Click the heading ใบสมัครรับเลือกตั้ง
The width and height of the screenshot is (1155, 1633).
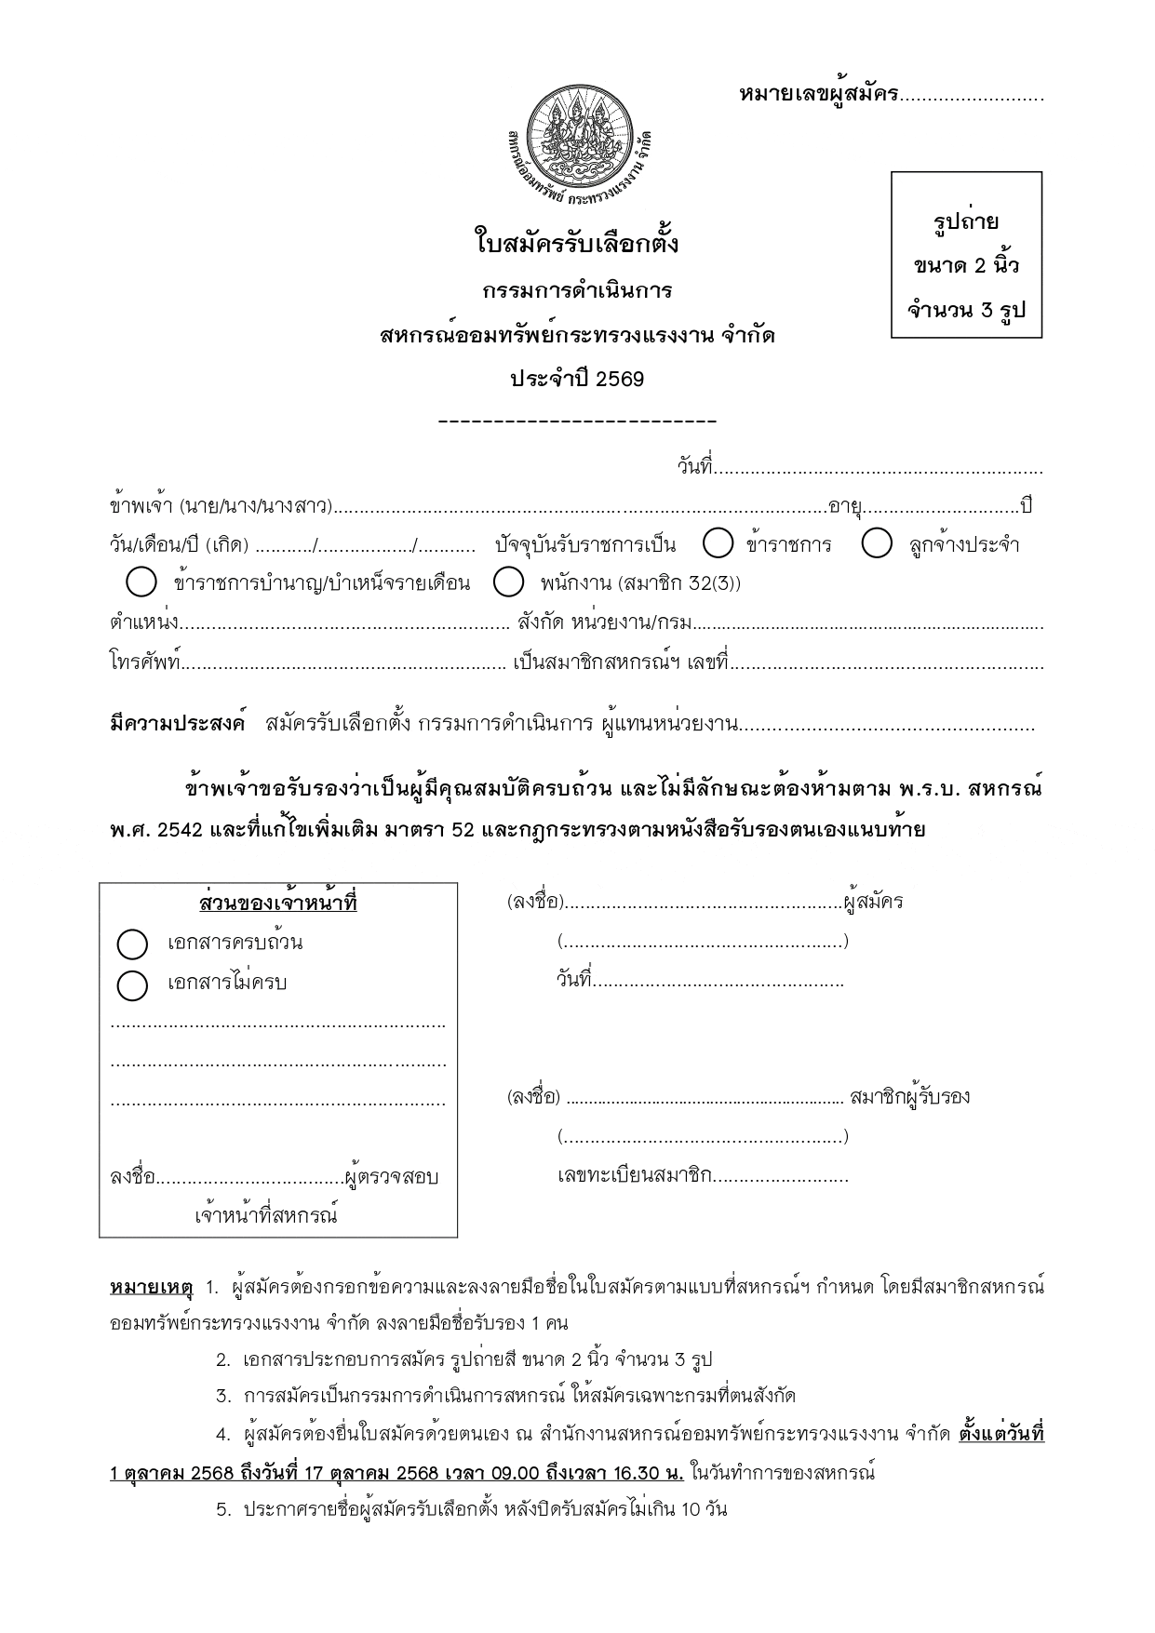click(577, 245)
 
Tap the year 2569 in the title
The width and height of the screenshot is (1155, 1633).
click(620, 380)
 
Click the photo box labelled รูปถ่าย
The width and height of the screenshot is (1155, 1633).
click(966, 255)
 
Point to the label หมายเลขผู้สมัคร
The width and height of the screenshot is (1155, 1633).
click(818, 94)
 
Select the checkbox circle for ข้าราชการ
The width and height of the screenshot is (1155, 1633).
click(719, 543)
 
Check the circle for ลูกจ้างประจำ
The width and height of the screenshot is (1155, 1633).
click(877, 543)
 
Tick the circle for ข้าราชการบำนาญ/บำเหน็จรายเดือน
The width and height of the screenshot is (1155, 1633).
click(141, 583)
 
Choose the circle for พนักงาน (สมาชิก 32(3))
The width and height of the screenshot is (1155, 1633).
click(508, 583)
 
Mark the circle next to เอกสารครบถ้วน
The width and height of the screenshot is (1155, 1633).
click(132, 944)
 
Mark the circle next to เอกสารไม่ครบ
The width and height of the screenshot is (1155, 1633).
click(132, 984)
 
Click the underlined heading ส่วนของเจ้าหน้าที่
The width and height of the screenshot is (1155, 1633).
click(278, 904)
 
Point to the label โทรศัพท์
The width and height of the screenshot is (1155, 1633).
click(145, 663)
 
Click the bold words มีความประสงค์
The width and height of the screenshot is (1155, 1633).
click(177, 724)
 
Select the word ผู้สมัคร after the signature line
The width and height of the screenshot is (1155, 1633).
click(873, 902)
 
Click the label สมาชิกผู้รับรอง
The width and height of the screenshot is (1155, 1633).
click(909, 1096)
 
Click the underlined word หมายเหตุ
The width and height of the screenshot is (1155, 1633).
click(151, 1288)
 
